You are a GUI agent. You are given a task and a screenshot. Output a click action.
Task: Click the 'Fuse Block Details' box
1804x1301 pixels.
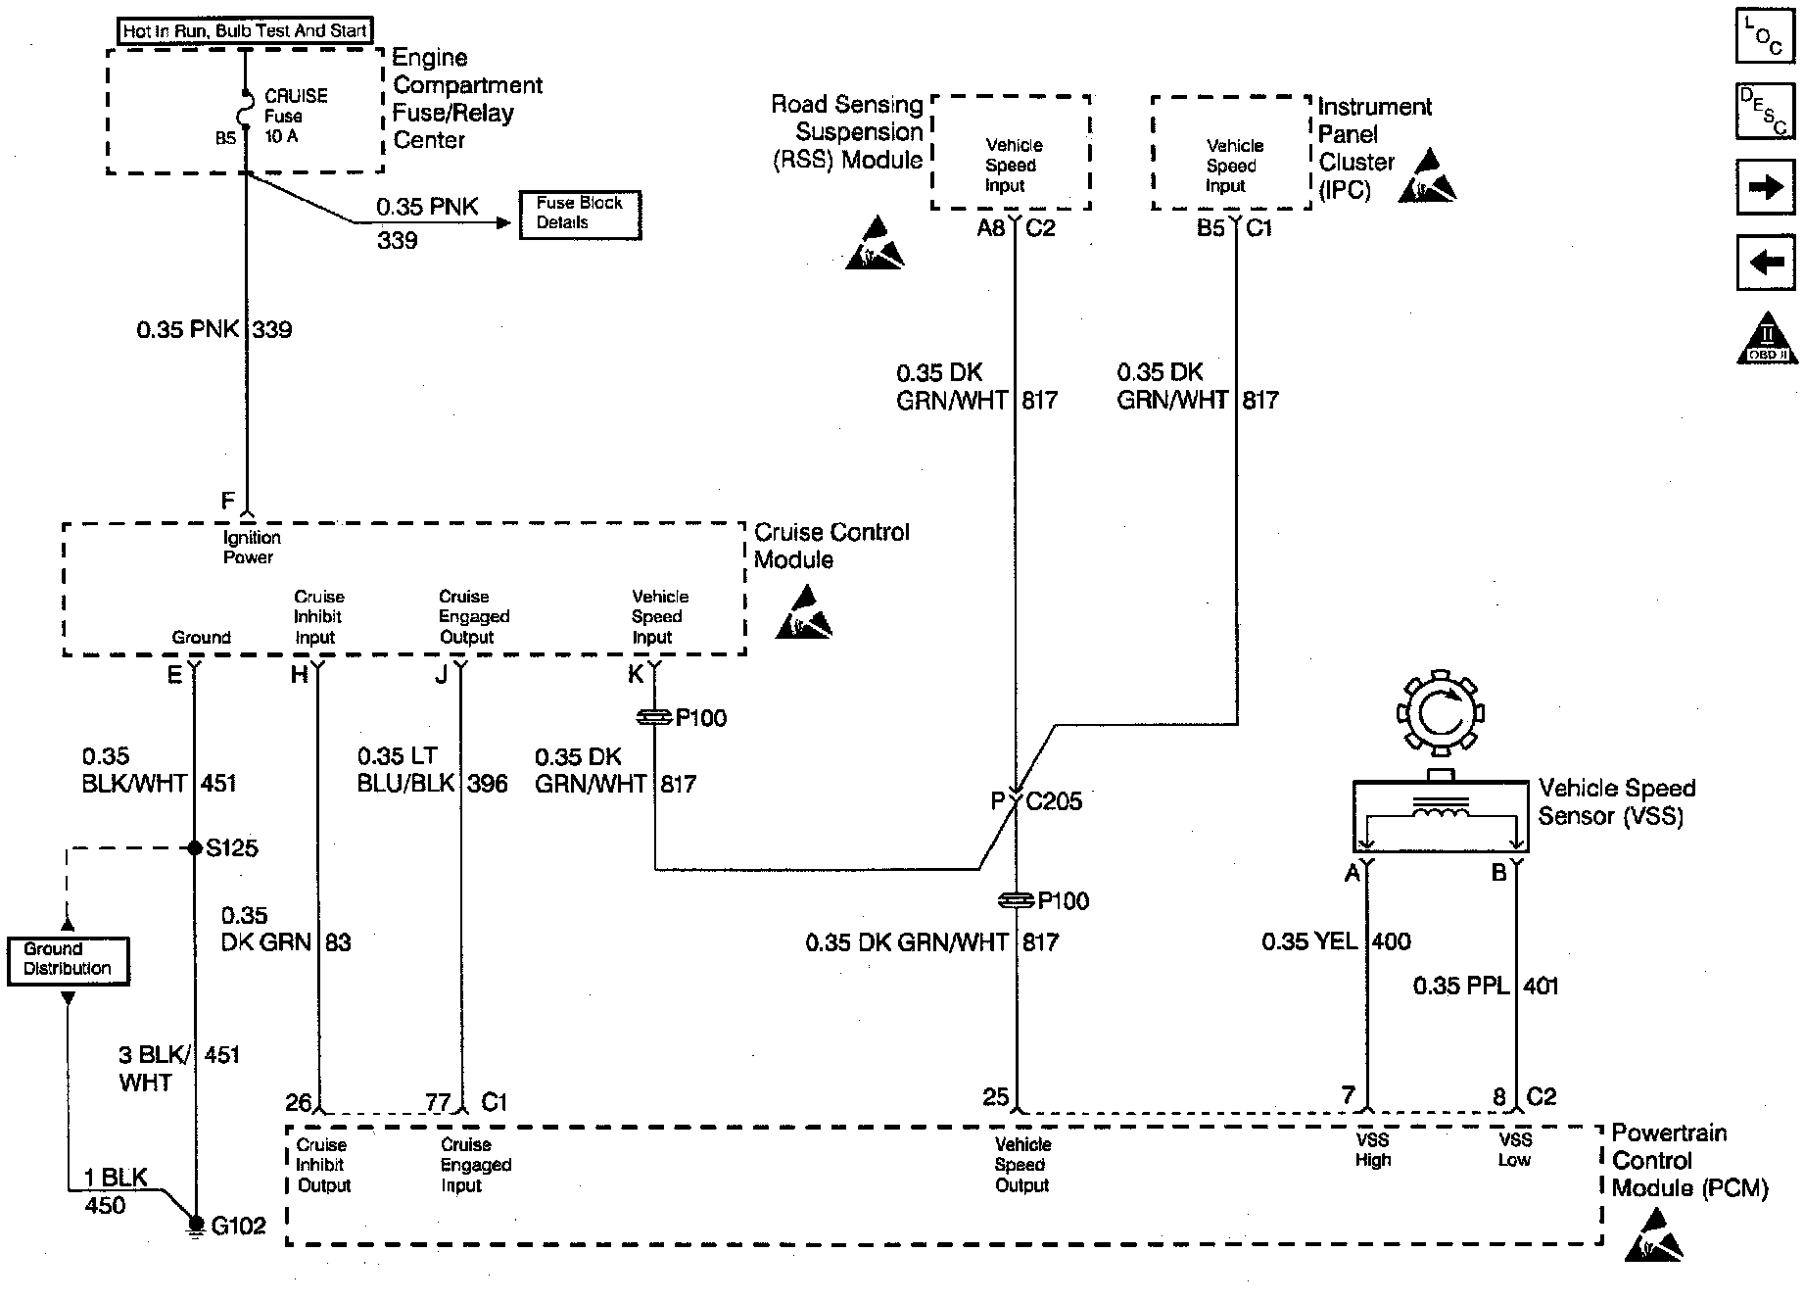point(579,214)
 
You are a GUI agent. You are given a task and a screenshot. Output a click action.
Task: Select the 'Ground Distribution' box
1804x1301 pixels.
point(68,960)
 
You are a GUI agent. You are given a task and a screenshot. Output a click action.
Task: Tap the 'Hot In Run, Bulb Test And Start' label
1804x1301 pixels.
point(245,31)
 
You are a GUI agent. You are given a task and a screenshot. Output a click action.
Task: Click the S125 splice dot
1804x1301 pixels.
point(194,847)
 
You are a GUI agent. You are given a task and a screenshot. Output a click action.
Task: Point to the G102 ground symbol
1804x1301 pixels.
point(196,1225)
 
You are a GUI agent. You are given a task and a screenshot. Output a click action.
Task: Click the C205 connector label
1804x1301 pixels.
point(1054,802)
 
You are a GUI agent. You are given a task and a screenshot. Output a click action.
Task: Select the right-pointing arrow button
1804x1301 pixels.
point(1765,186)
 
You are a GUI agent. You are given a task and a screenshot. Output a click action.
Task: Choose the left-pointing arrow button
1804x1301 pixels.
point(1765,263)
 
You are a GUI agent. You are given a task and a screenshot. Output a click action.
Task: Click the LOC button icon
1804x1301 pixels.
point(1765,36)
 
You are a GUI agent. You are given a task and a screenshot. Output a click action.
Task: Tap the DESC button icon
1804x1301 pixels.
point(1765,112)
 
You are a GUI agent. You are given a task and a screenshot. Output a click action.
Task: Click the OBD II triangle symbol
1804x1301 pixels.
point(1767,338)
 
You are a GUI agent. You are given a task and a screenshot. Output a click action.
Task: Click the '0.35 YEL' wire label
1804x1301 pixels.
point(1309,942)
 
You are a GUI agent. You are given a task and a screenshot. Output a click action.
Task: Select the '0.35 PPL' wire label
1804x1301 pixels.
point(1460,987)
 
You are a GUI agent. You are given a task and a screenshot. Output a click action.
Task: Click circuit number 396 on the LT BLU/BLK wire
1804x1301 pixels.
point(487,784)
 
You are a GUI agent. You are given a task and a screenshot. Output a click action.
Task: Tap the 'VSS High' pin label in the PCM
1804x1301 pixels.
point(1373,1150)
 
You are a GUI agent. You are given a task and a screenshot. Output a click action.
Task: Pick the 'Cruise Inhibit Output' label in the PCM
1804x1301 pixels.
point(322,1165)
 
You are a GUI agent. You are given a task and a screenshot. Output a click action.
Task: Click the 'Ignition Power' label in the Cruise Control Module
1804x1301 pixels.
point(251,548)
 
